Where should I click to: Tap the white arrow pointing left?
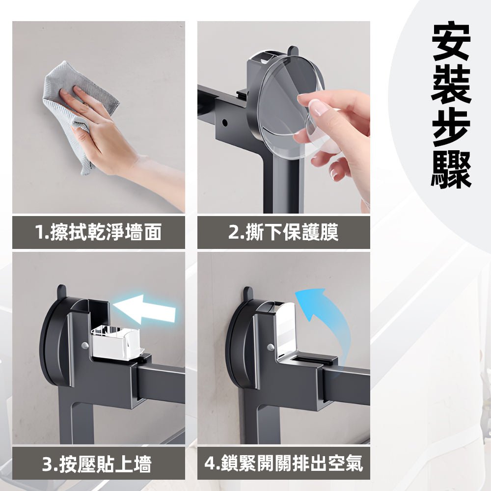point(145,309)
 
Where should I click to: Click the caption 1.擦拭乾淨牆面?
point(98,232)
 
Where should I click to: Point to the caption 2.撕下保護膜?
point(283,232)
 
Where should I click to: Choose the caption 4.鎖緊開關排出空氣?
point(283,463)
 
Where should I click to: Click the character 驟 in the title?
point(451,169)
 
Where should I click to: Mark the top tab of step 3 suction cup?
point(61,291)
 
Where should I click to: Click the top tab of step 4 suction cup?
point(248,293)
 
